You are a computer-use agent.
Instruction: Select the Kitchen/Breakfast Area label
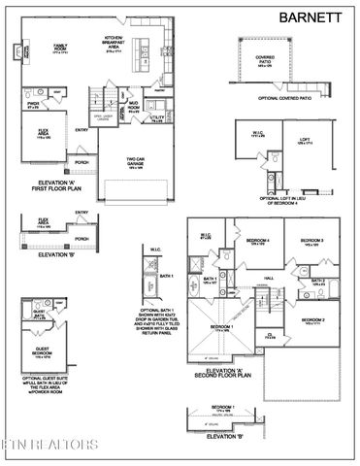pyautogui.click(x=117, y=44)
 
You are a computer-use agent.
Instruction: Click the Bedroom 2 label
pyautogui.click(x=313, y=319)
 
